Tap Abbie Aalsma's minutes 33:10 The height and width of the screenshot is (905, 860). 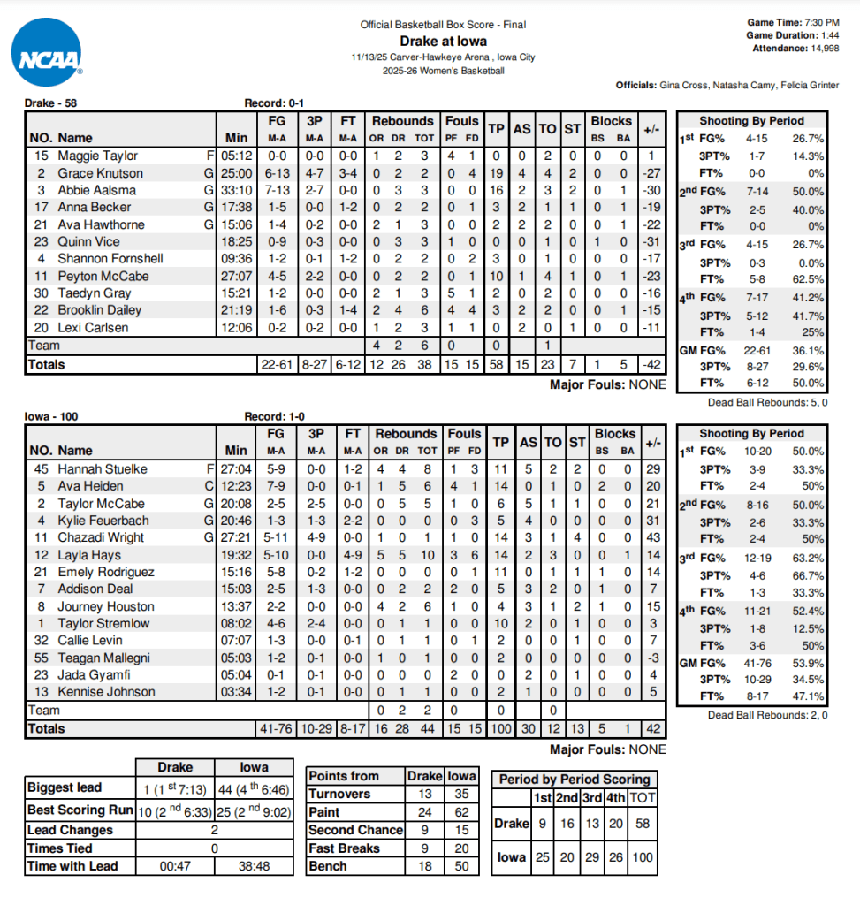coord(237,190)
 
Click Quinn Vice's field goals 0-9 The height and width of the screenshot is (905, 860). coord(276,241)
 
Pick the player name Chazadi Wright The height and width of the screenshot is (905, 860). coord(102,537)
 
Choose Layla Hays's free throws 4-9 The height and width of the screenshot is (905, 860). coord(353,555)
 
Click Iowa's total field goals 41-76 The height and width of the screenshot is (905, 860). coord(276,729)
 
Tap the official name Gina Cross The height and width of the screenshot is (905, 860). coord(685,86)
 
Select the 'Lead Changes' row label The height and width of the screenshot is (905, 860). coord(71,830)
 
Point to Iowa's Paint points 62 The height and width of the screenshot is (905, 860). coord(461,812)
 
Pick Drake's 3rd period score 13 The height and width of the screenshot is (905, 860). coord(591,824)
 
